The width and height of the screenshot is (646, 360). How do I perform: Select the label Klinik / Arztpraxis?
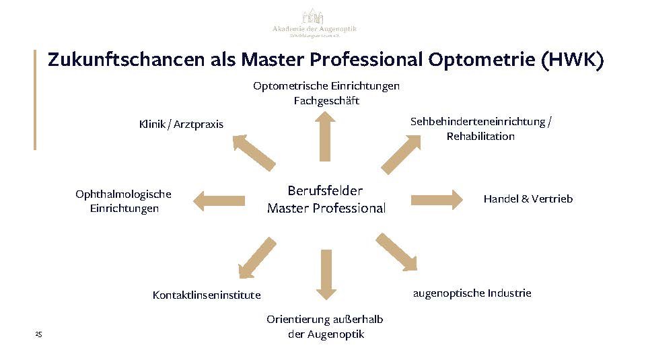[181, 124]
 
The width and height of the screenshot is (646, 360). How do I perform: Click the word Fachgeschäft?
[326, 101]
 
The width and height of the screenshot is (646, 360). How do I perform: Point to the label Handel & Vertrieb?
[528, 199]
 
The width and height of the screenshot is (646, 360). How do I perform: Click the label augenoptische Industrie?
[472, 293]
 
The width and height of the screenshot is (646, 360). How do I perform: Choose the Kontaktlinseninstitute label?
[207, 295]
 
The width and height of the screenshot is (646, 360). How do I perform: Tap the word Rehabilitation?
[480, 137]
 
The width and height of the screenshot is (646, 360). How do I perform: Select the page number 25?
[38, 334]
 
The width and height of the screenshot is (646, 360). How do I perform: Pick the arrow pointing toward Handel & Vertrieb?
[437, 199]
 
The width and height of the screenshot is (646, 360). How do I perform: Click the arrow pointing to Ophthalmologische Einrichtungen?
[219, 200]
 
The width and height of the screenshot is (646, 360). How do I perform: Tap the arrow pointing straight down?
[326, 275]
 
